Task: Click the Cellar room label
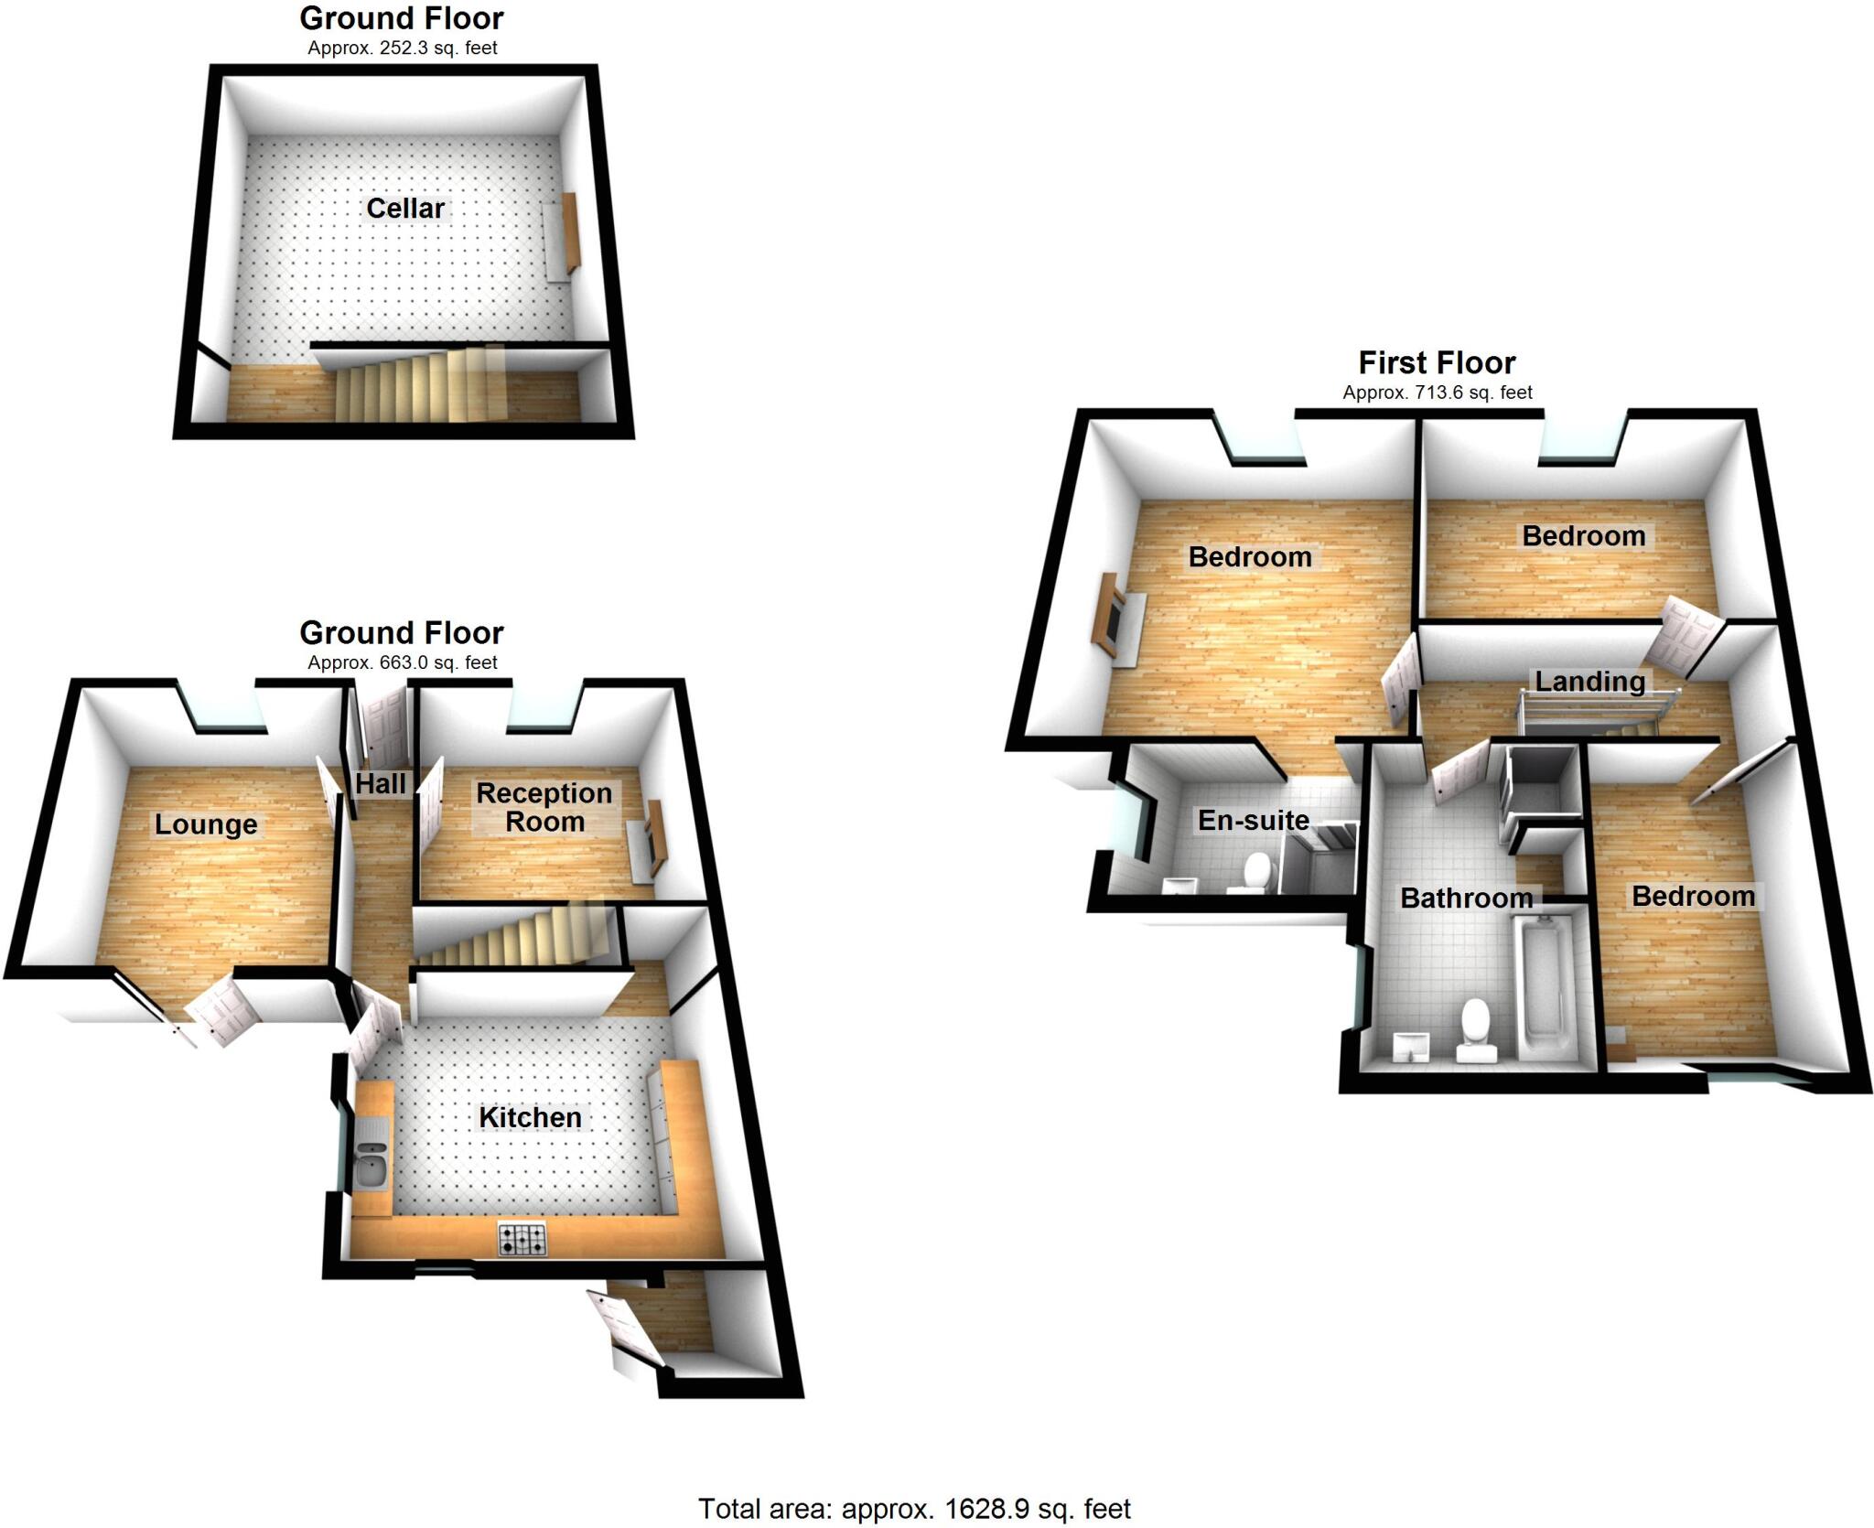tap(404, 209)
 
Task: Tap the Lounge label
tap(206, 824)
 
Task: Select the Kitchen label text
tap(530, 1117)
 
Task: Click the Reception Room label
tap(544, 807)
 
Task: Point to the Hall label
tap(381, 784)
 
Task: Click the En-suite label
tap(1253, 820)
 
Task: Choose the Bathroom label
tap(1466, 899)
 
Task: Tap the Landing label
tap(1589, 682)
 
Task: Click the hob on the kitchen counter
tap(522, 1239)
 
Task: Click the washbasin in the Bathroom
tap(1409, 1048)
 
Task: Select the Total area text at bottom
tap(914, 1509)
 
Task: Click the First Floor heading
tap(1437, 363)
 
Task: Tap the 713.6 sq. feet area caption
tap(1437, 393)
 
